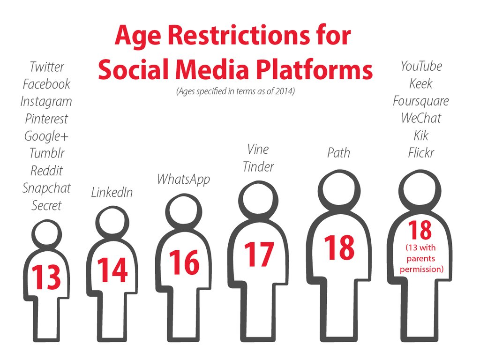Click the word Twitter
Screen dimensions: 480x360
pyautogui.click(x=47, y=67)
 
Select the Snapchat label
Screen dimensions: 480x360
pyautogui.click(x=46, y=188)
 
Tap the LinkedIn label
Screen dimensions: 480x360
pyautogui.click(x=112, y=193)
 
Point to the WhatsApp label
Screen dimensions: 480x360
pyautogui.click(x=183, y=180)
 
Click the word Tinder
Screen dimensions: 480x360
pyautogui.click(x=258, y=167)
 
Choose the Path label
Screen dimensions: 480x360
pyautogui.click(x=338, y=153)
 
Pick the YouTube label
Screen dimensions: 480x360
pyautogui.click(x=421, y=66)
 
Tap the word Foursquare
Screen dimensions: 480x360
pyautogui.click(x=421, y=101)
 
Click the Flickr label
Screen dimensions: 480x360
pyautogui.click(x=421, y=153)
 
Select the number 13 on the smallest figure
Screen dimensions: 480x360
pyautogui.click(x=46, y=277)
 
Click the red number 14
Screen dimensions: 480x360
pyautogui.click(x=112, y=270)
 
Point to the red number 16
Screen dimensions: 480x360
pyautogui.click(x=184, y=262)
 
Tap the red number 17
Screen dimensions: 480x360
pyautogui.click(x=259, y=255)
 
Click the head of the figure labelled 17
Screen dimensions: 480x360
pyautogui.click(x=258, y=201)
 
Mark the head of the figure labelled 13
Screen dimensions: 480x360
pyautogui.click(x=46, y=235)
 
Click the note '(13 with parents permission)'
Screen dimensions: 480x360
pyautogui.click(x=421, y=258)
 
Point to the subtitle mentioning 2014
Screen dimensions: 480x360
pyautogui.click(x=235, y=91)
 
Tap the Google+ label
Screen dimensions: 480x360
pyautogui.click(x=46, y=136)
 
